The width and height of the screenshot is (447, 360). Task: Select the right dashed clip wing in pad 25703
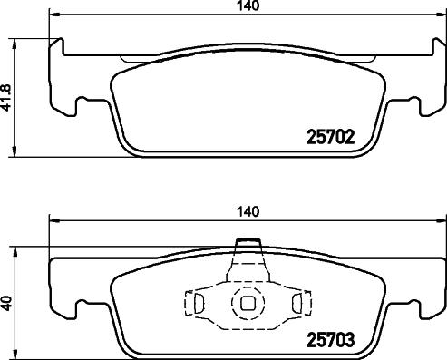296,305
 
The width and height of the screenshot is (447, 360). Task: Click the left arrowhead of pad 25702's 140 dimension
53,15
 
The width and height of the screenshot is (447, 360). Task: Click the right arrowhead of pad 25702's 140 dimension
442,15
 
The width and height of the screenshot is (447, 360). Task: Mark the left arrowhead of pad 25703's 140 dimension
53,219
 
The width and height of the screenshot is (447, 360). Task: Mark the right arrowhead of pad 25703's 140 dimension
442,219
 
